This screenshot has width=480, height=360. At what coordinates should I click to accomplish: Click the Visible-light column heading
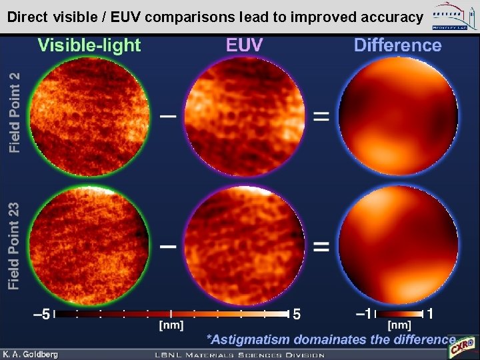(x=89, y=45)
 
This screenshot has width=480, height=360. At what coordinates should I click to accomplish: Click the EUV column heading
(x=244, y=45)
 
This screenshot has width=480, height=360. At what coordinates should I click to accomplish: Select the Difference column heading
(x=397, y=45)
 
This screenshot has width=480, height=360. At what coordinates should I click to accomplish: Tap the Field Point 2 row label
(x=15, y=111)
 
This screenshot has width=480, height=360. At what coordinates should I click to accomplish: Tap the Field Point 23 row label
(x=15, y=246)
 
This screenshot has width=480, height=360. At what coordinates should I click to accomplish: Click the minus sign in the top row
(x=168, y=116)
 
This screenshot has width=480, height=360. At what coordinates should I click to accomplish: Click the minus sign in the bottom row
(x=168, y=246)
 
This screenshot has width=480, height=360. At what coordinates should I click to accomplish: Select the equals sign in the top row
(x=321, y=116)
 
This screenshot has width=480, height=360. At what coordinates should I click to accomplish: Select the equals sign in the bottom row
(x=321, y=246)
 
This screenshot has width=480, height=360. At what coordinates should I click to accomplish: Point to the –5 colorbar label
(x=41, y=314)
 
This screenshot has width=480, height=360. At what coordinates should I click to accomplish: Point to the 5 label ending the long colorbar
(x=298, y=314)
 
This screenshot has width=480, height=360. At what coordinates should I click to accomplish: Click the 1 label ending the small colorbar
(x=431, y=314)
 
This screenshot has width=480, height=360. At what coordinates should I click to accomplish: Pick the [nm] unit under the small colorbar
(x=399, y=325)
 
